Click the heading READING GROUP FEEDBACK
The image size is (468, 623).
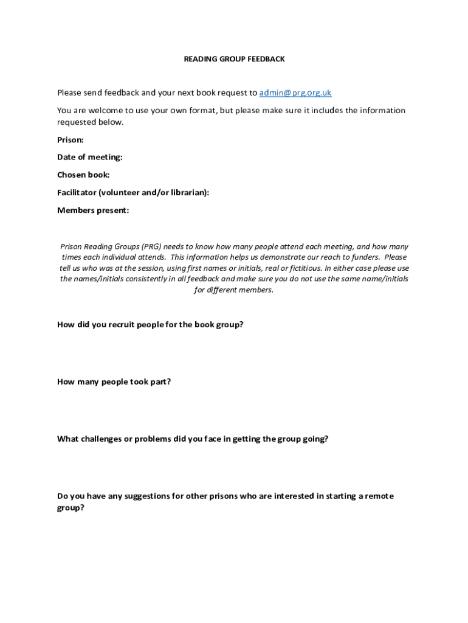coord(234,59)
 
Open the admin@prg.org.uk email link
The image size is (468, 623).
coord(295,93)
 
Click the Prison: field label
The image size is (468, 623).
coord(71,140)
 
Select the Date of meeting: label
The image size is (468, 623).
coord(90,158)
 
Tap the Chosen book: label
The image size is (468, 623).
coord(83,175)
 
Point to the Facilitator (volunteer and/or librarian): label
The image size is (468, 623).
coord(133,193)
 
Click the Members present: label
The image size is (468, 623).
coord(93,211)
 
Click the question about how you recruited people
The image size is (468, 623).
coord(150,325)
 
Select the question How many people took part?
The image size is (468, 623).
coord(114,382)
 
